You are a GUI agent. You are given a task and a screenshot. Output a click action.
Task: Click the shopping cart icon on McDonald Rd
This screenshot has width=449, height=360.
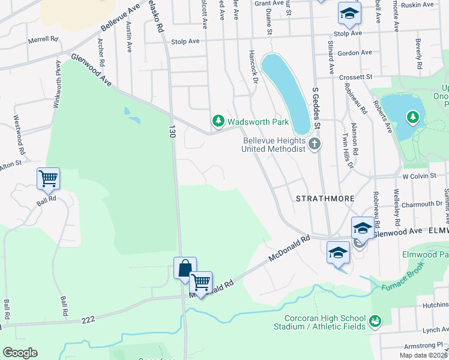(200, 281)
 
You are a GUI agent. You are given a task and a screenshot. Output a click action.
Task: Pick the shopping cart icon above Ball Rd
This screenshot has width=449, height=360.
(48, 178)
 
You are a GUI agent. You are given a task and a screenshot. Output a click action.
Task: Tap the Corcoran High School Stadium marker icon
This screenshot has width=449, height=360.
(375, 322)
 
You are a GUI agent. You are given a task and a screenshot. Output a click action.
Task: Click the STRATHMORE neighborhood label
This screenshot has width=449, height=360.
(324, 198)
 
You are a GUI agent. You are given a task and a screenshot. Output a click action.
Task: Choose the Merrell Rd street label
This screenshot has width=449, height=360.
(43, 40)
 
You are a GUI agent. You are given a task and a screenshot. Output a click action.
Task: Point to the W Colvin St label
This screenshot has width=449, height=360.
(422, 177)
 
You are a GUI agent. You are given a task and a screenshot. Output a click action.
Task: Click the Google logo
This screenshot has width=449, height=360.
(20, 353)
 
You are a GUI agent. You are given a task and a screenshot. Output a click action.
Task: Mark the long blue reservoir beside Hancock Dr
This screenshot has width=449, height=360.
(287, 93)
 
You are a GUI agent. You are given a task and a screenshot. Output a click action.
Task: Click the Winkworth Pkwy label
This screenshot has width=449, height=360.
(58, 84)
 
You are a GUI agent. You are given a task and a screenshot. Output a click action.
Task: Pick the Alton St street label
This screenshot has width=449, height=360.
(10, 163)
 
